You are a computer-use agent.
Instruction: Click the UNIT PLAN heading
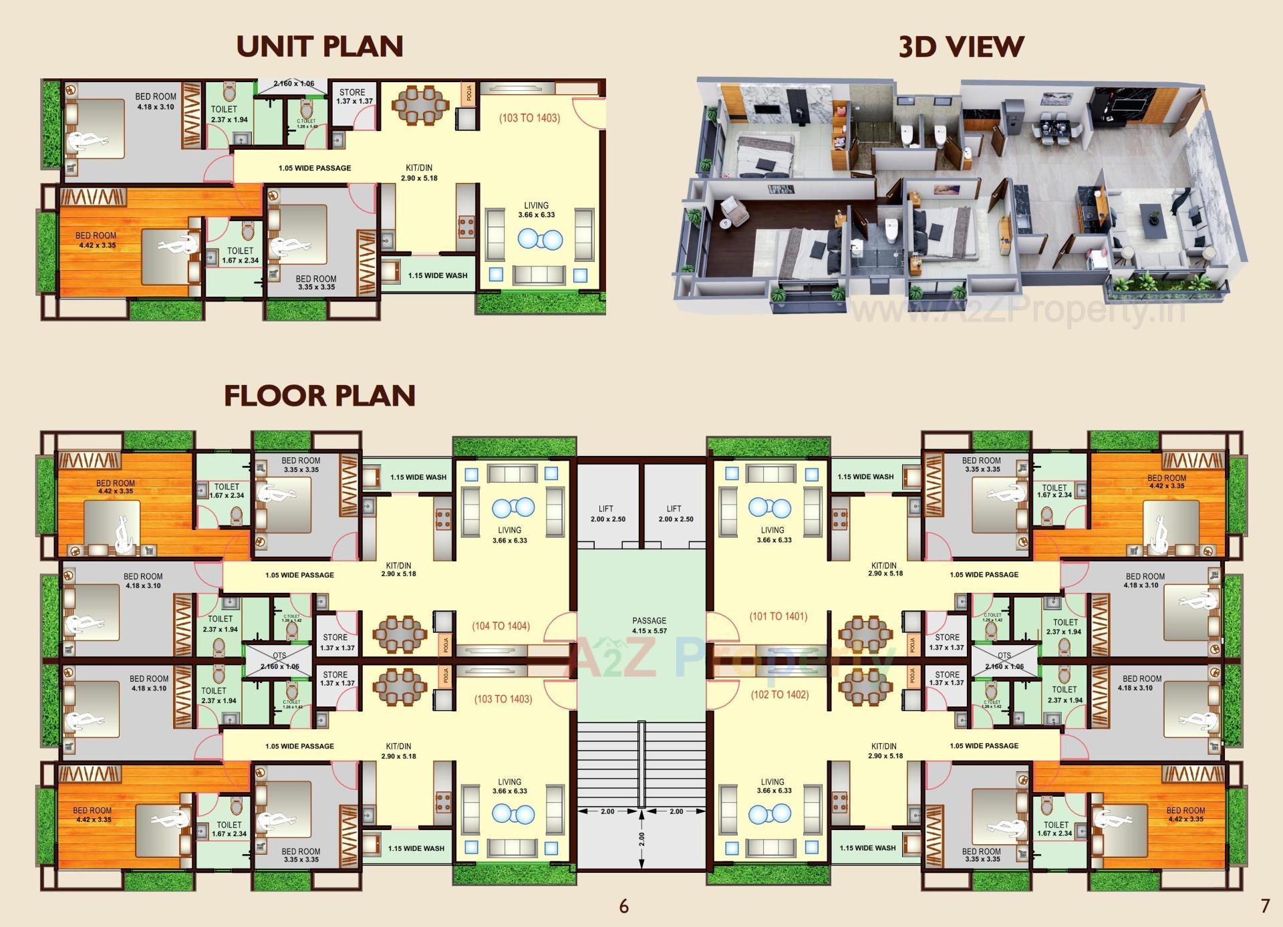pos(319,46)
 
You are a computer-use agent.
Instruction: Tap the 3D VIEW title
pos(961,46)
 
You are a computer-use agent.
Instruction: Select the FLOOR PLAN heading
pos(319,396)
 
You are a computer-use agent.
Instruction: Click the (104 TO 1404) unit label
pos(501,626)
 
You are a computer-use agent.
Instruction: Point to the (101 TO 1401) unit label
pos(778,616)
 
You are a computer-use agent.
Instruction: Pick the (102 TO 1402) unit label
pos(779,694)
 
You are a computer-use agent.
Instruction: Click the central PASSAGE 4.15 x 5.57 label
pos(649,626)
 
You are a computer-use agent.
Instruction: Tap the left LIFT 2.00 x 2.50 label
pos(607,513)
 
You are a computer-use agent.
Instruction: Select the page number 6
pos(623,906)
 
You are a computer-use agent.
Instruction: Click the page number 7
pos(1264,906)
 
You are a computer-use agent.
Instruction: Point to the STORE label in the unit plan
pos(353,96)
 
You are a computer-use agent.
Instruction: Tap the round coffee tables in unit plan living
pos(540,239)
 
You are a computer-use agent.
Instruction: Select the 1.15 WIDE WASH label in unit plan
pos(438,275)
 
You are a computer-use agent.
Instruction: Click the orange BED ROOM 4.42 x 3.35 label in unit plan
pos(96,240)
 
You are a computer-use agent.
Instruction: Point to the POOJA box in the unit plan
pos(469,93)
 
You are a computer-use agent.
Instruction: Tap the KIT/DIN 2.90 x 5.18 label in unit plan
pos(419,173)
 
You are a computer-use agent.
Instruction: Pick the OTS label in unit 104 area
pos(279,656)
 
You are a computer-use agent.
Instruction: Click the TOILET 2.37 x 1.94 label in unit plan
pos(229,114)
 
